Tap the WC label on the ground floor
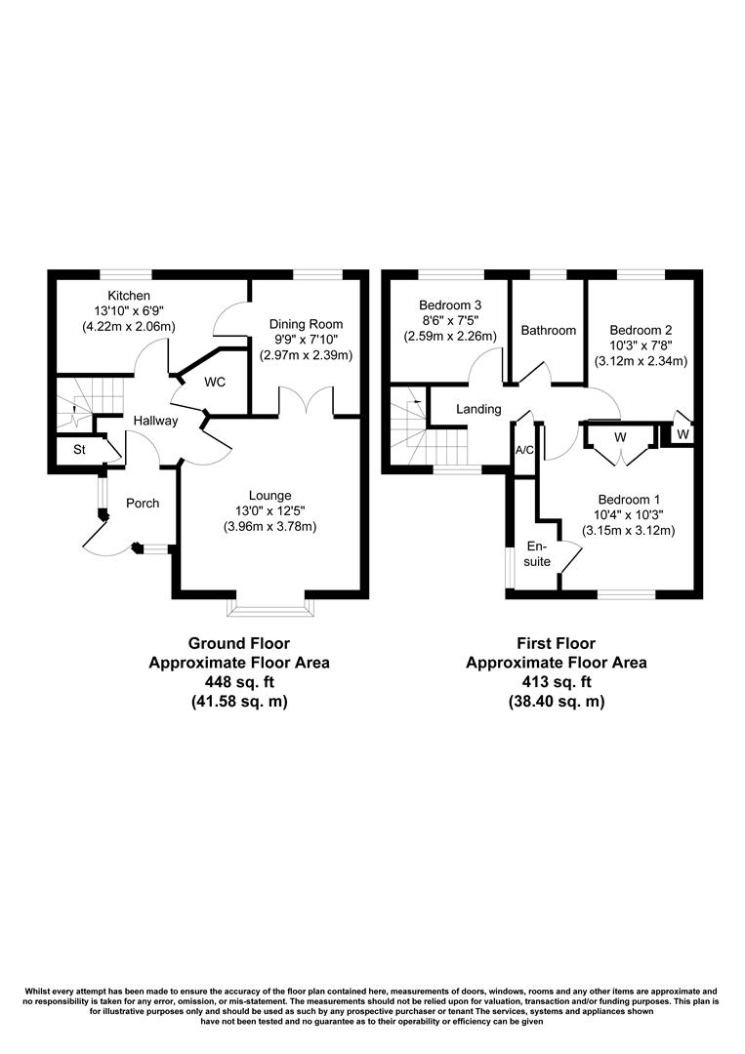click(x=215, y=382)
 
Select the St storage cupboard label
click(x=77, y=452)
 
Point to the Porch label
click(x=143, y=504)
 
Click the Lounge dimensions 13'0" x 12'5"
click(x=270, y=511)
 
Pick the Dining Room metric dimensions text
click(x=307, y=356)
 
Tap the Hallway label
click(x=156, y=421)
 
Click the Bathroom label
click(x=548, y=331)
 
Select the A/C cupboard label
click(x=524, y=451)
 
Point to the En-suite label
click(x=538, y=554)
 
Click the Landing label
click(x=478, y=409)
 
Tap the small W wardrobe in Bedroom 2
click(x=683, y=433)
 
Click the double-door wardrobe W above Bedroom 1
click(x=619, y=437)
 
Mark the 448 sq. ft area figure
click(x=239, y=682)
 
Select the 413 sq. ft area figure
click(x=556, y=682)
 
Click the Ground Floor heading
click(x=239, y=643)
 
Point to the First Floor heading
click(x=556, y=643)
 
